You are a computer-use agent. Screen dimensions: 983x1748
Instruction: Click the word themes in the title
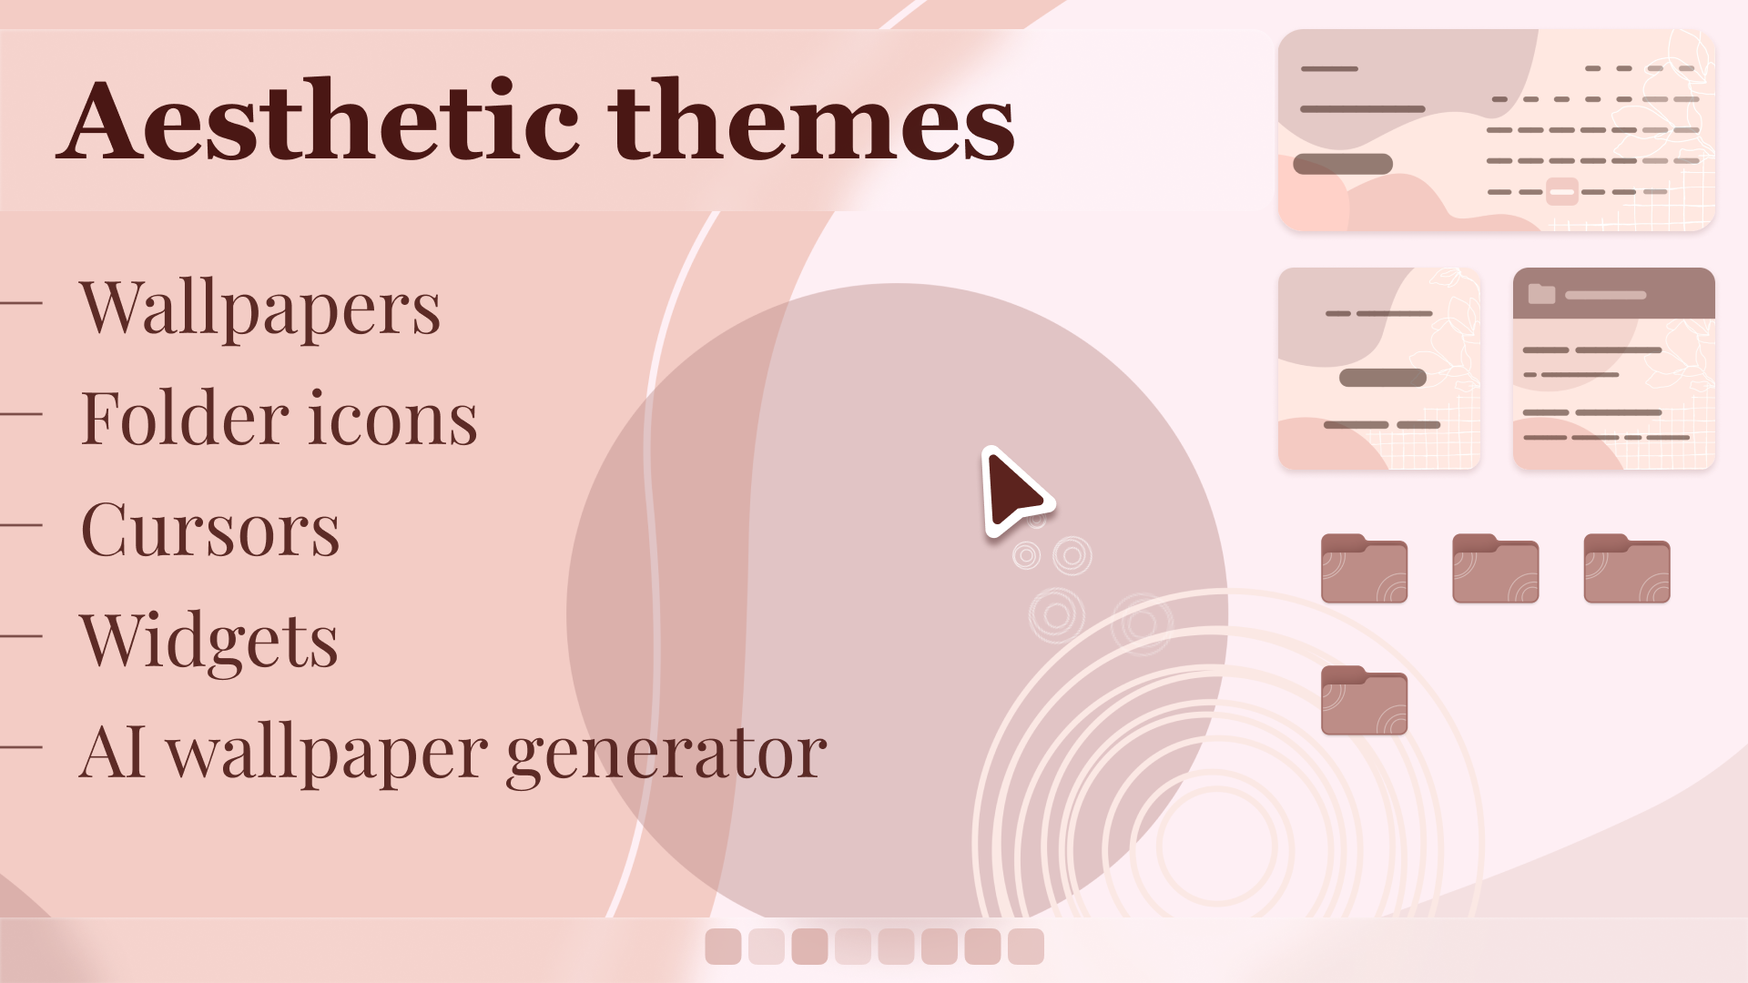pos(812,121)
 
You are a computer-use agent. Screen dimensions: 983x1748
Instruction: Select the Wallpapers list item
pos(260,308)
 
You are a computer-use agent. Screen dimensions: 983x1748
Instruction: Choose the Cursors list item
pos(210,530)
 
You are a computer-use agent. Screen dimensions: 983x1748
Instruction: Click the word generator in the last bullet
pos(666,754)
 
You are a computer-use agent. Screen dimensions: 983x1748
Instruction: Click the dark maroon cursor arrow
pos(1012,491)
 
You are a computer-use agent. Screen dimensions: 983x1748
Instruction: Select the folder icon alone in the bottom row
pos(1364,701)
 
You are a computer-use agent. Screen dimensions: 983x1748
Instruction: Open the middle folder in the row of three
pos(1495,569)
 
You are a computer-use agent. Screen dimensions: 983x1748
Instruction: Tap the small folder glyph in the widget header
pos(1541,294)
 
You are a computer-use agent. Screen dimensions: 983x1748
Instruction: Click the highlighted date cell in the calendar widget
pos(1561,192)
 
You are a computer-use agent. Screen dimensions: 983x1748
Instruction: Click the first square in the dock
pos(723,947)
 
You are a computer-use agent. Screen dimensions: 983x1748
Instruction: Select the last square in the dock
pos(1026,947)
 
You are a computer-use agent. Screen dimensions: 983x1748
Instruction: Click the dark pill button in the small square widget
pos(1382,378)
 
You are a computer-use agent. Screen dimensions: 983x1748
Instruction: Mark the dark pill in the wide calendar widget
pos(1343,165)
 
